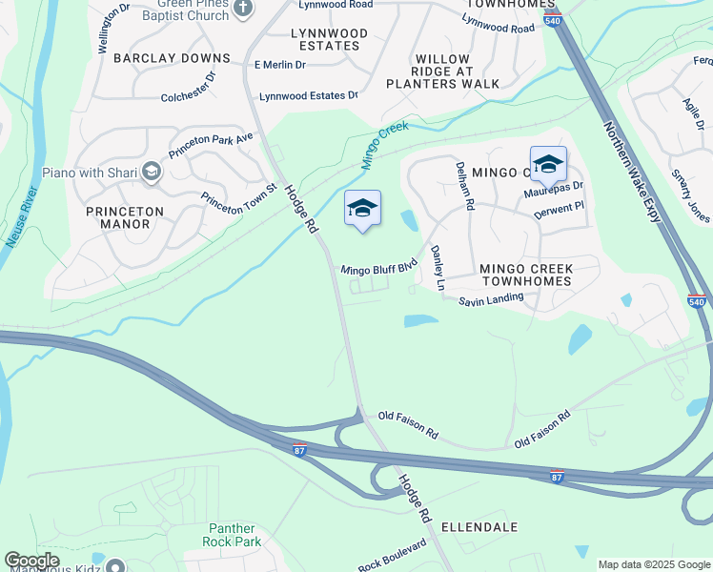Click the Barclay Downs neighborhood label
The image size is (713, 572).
click(x=172, y=58)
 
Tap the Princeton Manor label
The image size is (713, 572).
click(x=125, y=217)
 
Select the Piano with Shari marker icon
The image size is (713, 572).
click(x=152, y=173)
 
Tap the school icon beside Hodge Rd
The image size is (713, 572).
click(x=362, y=209)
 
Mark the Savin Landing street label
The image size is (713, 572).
click(x=491, y=299)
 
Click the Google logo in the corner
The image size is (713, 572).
click(x=32, y=561)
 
